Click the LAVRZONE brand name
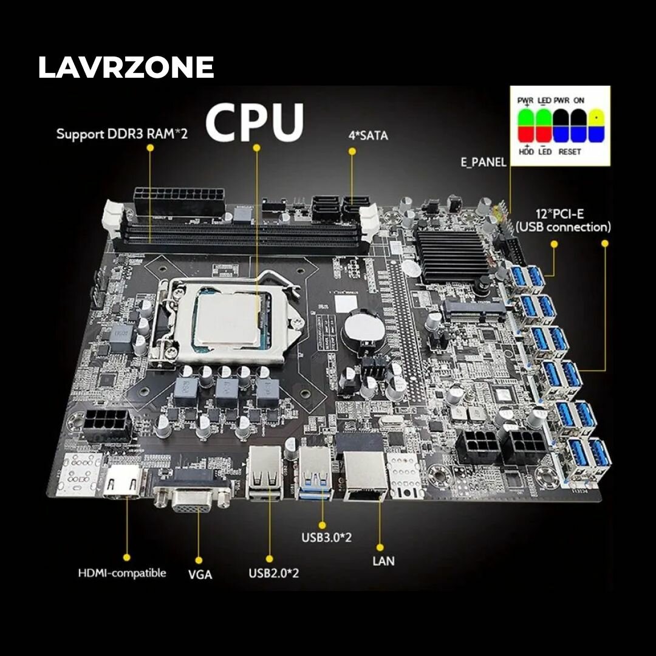[126, 67]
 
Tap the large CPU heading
[254, 122]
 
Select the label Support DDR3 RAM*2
[122, 134]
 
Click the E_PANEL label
[483, 162]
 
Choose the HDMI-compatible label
[122, 573]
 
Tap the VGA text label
[200, 574]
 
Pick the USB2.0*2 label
[274, 573]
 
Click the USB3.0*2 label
[327, 538]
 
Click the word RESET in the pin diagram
[569, 151]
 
